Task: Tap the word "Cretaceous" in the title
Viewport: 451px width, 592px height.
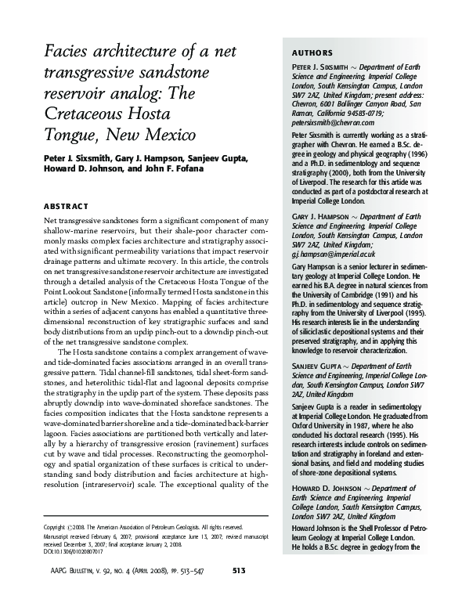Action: tap(81, 115)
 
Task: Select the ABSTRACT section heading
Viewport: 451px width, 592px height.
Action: tap(66, 206)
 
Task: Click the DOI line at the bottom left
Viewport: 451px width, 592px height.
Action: tap(78, 552)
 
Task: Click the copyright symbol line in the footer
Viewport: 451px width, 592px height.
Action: tap(142, 528)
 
